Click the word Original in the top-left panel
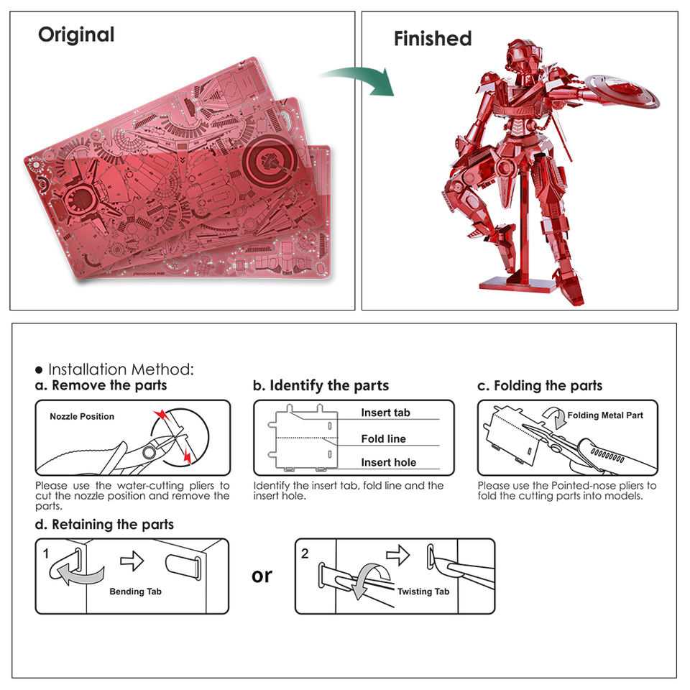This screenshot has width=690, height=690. coord(76,34)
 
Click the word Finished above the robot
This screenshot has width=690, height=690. coord(433,39)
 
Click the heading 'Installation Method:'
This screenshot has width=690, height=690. coord(120,369)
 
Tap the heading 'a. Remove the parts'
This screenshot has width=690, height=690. coord(101,385)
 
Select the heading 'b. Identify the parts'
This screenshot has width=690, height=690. coord(321,385)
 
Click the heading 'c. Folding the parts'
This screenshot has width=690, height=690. coord(540,385)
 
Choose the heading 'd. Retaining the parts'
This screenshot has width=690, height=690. coord(104,525)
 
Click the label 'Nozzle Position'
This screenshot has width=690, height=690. coord(82,417)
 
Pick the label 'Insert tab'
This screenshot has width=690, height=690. coord(385,413)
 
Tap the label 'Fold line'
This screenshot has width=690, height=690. coord(383,438)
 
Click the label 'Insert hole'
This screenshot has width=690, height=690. coord(388,462)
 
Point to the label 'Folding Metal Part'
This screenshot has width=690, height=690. coord(605,415)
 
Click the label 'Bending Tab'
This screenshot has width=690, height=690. coord(136,592)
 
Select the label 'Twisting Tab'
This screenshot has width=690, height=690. coord(423,591)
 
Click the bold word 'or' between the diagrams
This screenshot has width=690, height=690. coord(262,576)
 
